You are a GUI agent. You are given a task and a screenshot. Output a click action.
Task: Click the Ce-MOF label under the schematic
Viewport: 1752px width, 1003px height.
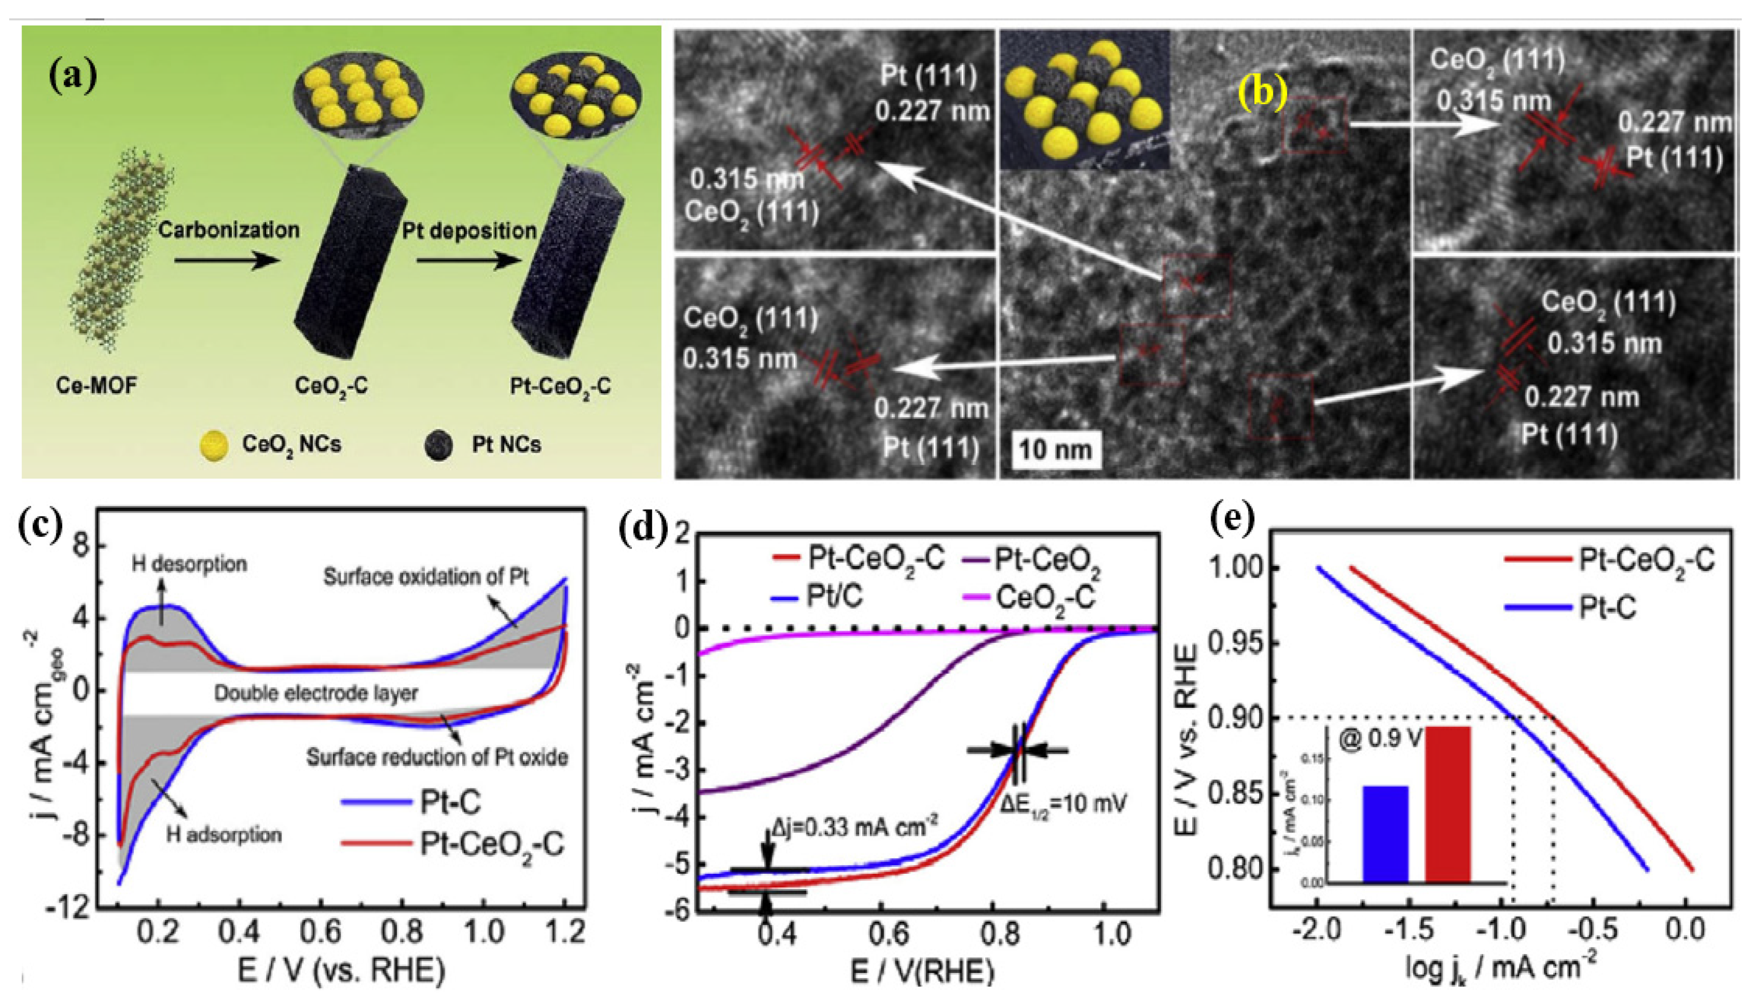[97, 386]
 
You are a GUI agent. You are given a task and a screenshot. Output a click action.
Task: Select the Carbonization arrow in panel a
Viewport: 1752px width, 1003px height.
[227, 260]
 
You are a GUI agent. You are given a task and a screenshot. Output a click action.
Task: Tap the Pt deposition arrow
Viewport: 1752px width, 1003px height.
[468, 260]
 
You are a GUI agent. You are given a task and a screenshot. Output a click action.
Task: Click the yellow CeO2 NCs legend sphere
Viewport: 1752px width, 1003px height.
[214, 446]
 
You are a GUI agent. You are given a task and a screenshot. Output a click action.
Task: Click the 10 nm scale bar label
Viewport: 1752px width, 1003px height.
[1055, 450]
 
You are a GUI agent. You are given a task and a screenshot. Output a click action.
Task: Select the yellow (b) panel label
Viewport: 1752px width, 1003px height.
[1262, 91]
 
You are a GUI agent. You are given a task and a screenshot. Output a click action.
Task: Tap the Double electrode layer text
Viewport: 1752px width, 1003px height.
[316, 692]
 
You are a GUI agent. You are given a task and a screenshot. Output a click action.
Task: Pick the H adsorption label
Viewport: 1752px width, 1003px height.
[224, 835]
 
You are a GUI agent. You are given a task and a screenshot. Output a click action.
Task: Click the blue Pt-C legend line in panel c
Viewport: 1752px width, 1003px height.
[376, 802]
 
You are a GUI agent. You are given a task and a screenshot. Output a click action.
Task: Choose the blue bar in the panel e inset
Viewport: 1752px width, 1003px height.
[1385, 833]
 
